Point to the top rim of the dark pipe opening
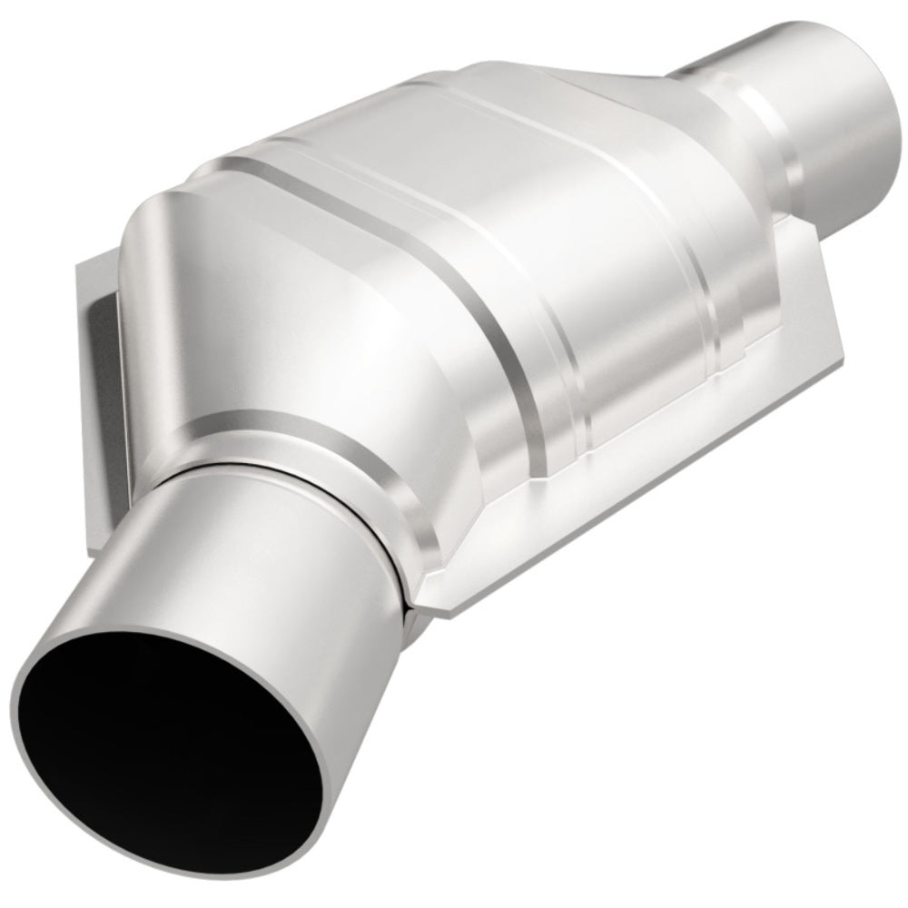(x=136, y=627)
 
